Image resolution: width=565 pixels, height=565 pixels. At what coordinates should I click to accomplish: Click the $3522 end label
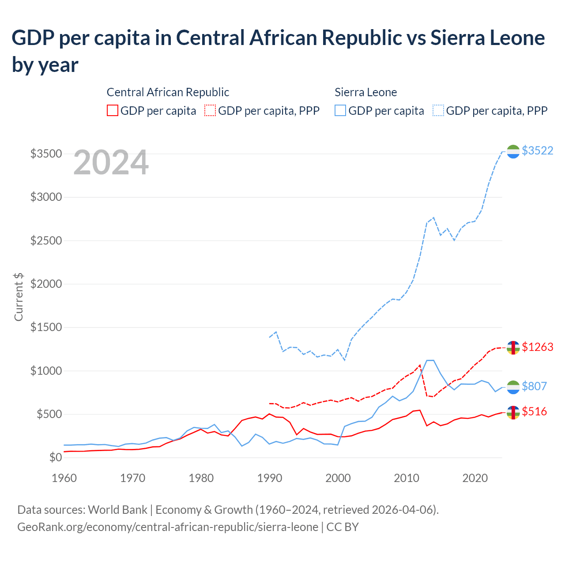(537, 151)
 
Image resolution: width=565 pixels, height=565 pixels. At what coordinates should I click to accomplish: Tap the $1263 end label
(537, 347)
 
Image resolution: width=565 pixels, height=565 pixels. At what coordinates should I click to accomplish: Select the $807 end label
(534, 386)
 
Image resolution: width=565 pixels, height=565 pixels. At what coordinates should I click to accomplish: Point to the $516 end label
(534, 411)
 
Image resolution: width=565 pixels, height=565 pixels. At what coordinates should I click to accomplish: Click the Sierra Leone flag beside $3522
(513, 152)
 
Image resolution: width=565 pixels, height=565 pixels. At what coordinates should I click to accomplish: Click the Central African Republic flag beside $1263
(513, 348)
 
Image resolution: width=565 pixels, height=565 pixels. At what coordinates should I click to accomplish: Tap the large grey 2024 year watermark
(111, 162)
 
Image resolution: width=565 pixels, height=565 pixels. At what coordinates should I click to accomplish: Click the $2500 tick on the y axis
(46, 241)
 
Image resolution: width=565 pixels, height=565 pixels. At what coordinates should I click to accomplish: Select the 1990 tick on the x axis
(270, 478)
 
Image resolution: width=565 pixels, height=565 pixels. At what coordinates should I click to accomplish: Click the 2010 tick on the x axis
(407, 478)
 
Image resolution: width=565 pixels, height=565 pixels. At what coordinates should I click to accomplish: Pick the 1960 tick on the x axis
(64, 478)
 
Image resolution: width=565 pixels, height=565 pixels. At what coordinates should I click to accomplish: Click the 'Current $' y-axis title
(19, 297)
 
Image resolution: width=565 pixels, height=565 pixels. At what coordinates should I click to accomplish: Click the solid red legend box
(113, 110)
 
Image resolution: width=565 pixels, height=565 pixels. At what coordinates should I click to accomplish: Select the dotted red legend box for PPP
(210, 110)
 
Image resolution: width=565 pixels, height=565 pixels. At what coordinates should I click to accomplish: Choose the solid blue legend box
(340, 110)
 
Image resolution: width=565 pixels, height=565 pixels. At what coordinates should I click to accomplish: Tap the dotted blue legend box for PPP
(438, 110)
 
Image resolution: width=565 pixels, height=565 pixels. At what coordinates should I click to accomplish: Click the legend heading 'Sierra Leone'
(365, 92)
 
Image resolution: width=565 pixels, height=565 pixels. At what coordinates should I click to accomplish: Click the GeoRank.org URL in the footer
(168, 527)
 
